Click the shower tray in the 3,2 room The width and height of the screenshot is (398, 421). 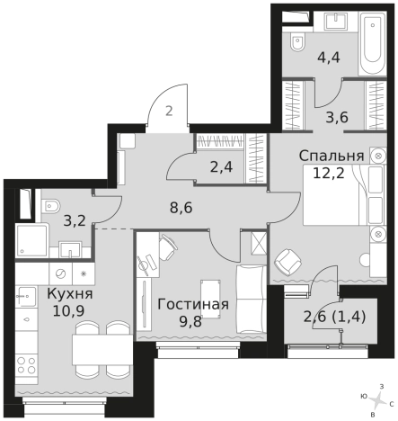point(33,240)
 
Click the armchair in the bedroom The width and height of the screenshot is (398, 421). point(289,262)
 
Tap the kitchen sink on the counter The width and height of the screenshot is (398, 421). point(61,272)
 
